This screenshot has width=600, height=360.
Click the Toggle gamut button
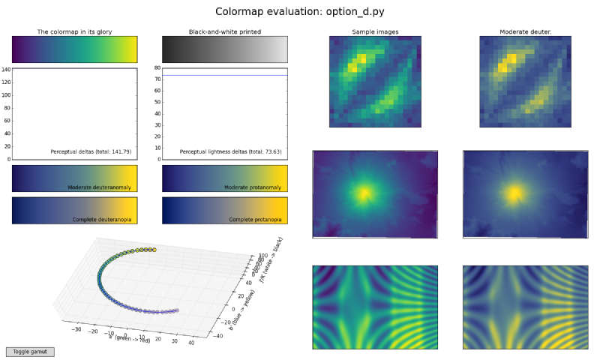click(30, 352)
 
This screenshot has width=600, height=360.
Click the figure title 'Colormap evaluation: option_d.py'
click(300, 12)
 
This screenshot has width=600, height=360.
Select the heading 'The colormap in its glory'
click(74, 32)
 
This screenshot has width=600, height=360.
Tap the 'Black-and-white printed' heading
click(224, 32)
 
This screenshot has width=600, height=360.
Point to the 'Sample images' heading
click(375, 32)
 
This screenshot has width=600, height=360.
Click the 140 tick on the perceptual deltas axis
click(5, 70)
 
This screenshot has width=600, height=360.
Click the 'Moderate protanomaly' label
click(252, 187)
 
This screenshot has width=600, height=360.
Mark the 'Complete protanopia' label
click(254, 219)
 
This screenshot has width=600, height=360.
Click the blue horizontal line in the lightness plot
click(225, 75)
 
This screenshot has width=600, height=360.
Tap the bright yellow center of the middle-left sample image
click(364, 193)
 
